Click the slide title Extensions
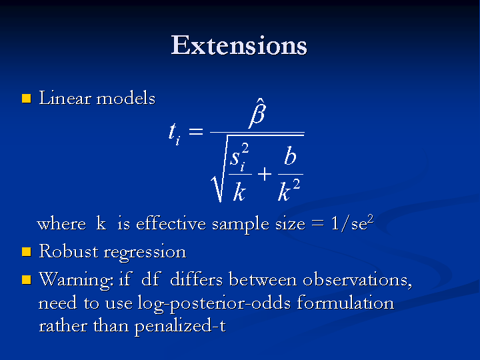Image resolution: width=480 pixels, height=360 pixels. (239, 45)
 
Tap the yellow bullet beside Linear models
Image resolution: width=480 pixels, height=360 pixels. (27, 98)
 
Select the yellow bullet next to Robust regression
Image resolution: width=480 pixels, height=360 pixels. (27, 252)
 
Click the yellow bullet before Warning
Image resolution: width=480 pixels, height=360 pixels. (27, 279)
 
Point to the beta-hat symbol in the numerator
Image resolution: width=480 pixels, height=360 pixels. (257, 113)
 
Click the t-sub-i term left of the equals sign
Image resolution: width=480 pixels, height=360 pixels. (175, 133)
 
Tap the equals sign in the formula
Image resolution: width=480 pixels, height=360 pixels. (196, 131)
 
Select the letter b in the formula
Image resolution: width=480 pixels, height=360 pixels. (290, 155)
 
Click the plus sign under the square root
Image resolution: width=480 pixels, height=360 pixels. (265, 175)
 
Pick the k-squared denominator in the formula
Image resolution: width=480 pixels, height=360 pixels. (289, 190)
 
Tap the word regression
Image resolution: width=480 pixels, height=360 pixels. (145, 253)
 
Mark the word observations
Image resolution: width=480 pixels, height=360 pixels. (357, 279)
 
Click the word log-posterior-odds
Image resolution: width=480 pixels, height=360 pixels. (214, 304)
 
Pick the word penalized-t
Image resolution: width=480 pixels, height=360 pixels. (180, 326)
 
